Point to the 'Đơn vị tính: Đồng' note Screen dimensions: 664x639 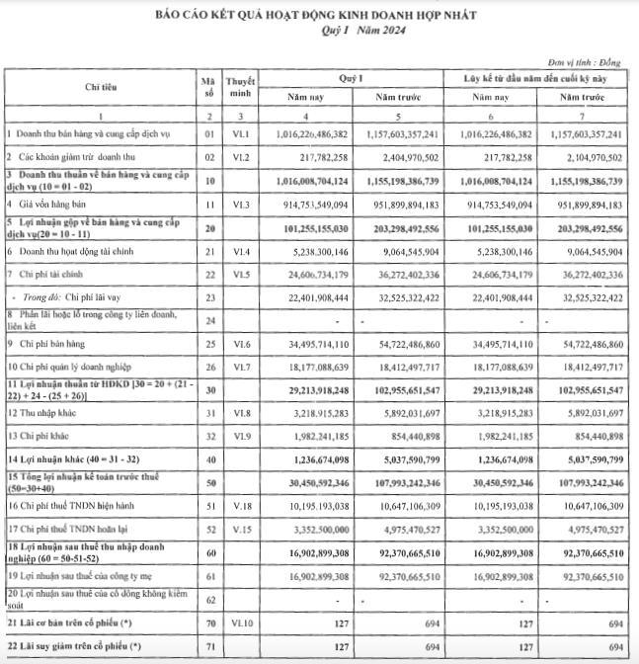pyautogui.click(x=592, y=62)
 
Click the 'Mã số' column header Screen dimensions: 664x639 pyautogui.click(x=207, y=86)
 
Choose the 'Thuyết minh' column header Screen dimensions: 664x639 pyautogui.click(x=241, y=86)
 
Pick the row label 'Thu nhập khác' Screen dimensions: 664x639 pyautogui.click(x=45, y=410)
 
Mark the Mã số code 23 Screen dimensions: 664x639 pyautogui.click(x=207, y=294)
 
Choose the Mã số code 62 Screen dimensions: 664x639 pyautogui.click(x=207, y=600)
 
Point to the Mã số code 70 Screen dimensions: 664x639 pyautogui.click(x=207, y=624)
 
